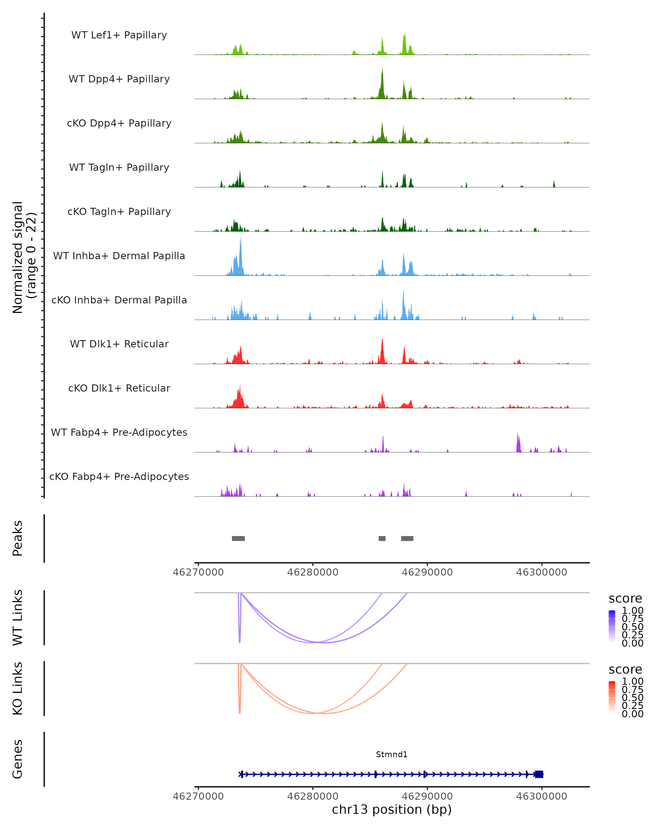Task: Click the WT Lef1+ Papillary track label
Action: pyautogui.click(x=119, y=35)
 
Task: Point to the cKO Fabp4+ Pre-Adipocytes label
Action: pyautogui.click(x=119, y=476)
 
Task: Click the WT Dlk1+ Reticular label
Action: pyautogui.click(x=119, y=344)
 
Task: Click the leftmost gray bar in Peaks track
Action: pyautogui.click(x=238, y=538)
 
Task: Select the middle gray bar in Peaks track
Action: pyautogui.click(x=382, y=538)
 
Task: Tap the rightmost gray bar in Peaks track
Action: pyautogui.click(x=407, y=538)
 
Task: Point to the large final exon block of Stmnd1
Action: pyautogui.click(x=539, y=774)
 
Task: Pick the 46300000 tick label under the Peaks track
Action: pyautogui.click(x=541, y=572)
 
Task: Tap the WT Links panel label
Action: pyautogui.click(x=18, y=618)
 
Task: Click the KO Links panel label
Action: pyautogui.click(x=18, y=688)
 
